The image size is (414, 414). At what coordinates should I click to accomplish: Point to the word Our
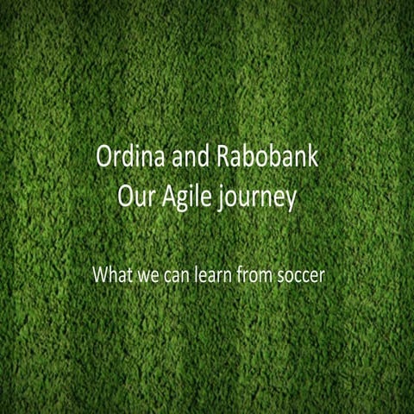click(x=134, y=198)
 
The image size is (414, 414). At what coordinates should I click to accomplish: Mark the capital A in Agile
click(x=166, y=198)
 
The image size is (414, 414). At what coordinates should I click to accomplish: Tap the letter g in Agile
click(x=182, y=201)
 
